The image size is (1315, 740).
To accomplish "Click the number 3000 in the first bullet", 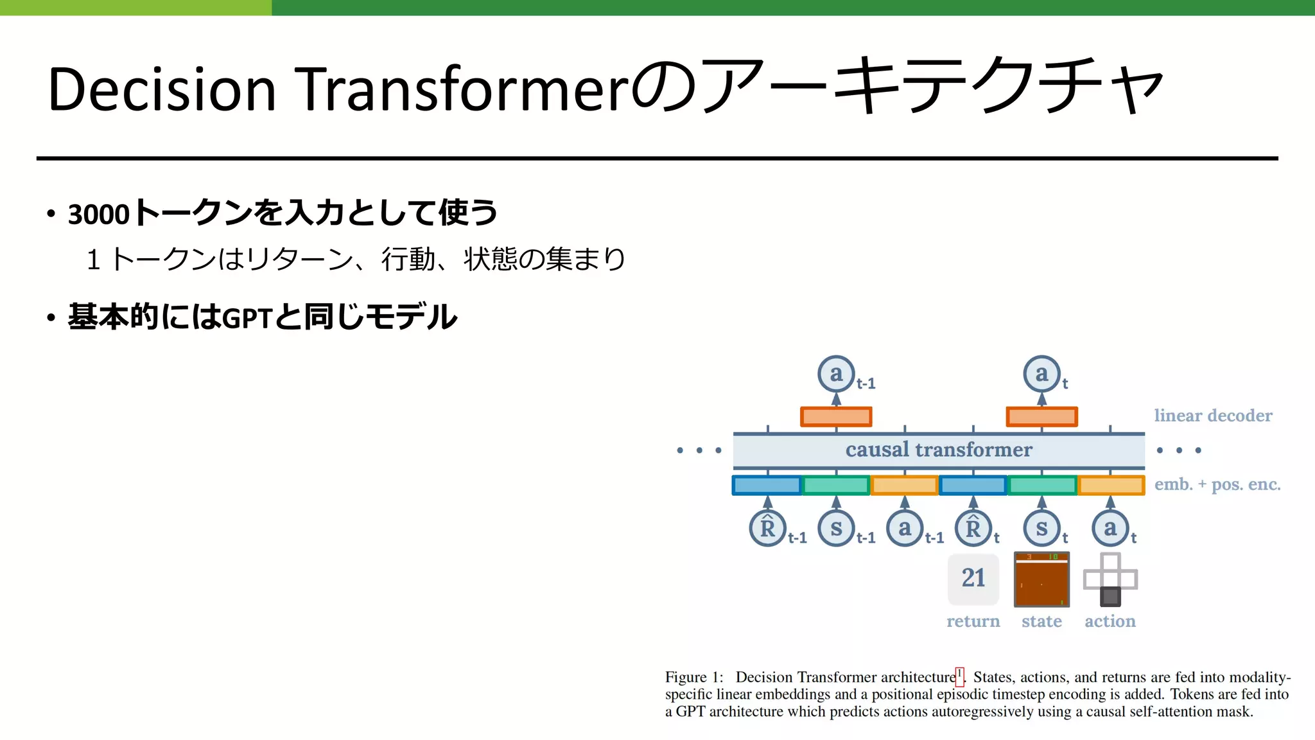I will point(99,214).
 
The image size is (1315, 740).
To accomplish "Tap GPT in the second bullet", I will point(248,318).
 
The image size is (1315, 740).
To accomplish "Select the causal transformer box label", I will point(939,450).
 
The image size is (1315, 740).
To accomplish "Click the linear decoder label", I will point(1213,416).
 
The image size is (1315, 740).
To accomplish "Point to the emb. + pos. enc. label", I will point(1217,484).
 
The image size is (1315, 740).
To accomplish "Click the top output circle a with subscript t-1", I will point(836,373).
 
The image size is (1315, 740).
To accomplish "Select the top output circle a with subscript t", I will point(1041,373).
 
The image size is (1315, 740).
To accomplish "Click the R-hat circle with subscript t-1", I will point(767,528).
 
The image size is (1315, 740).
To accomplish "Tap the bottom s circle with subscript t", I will point(1041,528).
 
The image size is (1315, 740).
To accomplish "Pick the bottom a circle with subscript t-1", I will point(905,528).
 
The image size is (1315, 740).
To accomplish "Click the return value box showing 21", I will point(973,578).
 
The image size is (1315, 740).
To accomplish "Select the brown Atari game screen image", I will point(1041,579).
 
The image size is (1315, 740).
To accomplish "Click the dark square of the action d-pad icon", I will point(1110,596).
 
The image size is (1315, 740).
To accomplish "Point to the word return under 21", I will point(973,621).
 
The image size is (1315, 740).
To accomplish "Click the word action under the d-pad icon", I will point(1110,621).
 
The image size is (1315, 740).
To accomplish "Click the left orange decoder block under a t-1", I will point(836,417).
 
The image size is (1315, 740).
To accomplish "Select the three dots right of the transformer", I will point(1179,450).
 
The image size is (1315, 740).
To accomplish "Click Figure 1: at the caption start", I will point(694,677).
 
